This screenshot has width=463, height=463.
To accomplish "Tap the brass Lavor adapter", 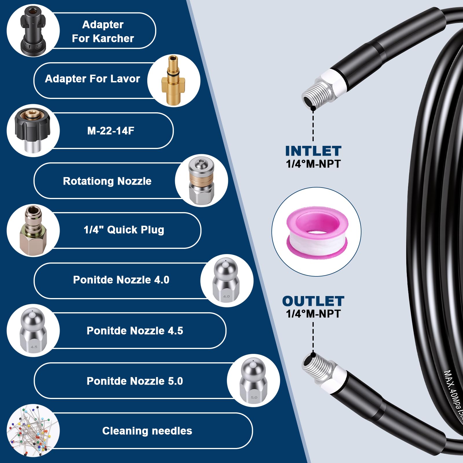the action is (x=173, y=80).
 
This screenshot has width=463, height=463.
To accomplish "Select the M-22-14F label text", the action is (x=111, y=131).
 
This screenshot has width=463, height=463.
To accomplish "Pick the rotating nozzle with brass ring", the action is (x=201, y=181).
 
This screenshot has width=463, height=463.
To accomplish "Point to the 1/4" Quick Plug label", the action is (x=124, y=230).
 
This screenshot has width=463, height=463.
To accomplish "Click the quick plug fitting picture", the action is (x=33, y=230).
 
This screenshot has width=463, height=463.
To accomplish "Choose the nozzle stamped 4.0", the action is (x=226, y=280).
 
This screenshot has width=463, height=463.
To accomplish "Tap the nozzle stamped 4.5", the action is (x=33, y=330).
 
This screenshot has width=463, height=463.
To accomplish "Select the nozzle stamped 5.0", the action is (x=254, y=381).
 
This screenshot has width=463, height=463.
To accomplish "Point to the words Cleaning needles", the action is (x=147, y=431).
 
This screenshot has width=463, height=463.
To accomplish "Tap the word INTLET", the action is (x=313, y=151).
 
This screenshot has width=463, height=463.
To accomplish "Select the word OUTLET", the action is (x=313, y=301).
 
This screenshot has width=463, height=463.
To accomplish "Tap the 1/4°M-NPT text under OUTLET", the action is (x=313, y=314).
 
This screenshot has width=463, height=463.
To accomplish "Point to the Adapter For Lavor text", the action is (x=92, y=79).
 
